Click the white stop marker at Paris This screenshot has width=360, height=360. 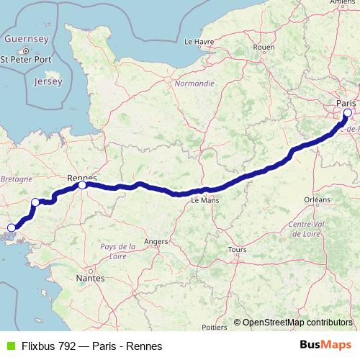(x=348, y=112)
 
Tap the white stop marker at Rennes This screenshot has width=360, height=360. (x=83, y=185)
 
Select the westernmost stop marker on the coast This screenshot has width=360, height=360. (x=11, y=228)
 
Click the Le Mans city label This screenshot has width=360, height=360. (x=204, y=202)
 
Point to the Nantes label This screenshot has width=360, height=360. (x=90, y=277)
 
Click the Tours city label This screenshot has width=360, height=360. (x=236, y=251)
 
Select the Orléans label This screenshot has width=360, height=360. (x=317, y=199)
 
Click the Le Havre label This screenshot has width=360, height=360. (x=199, y=41)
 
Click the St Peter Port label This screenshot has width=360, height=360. (x=26, y=59)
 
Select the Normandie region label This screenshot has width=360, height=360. (x=194, y=84)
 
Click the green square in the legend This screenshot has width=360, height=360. (x=9, y=346)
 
